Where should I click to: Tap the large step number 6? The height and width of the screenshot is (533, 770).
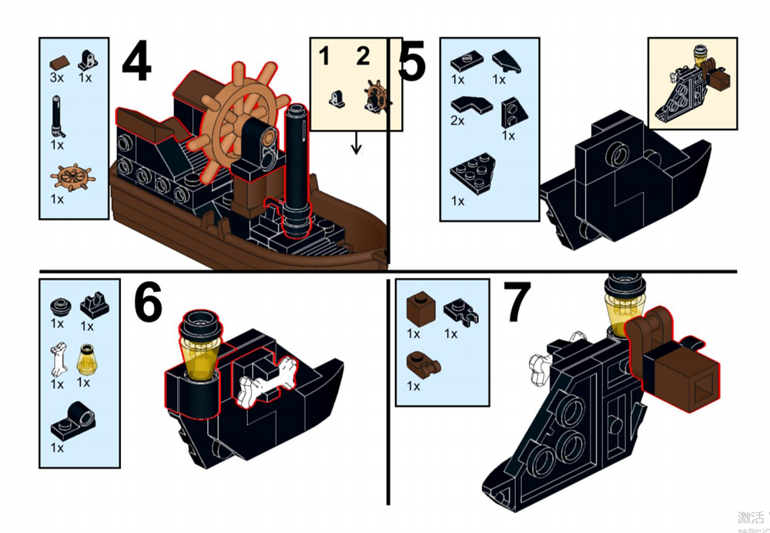tap(148, 303)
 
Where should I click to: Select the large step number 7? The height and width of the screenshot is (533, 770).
tap(517, 303)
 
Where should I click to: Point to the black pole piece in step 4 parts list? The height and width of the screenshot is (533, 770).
tap(58, 116)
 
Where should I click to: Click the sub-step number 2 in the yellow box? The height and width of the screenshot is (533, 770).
tap(363, 55)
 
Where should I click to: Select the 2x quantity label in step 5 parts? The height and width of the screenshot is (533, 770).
tap(458, 121)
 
